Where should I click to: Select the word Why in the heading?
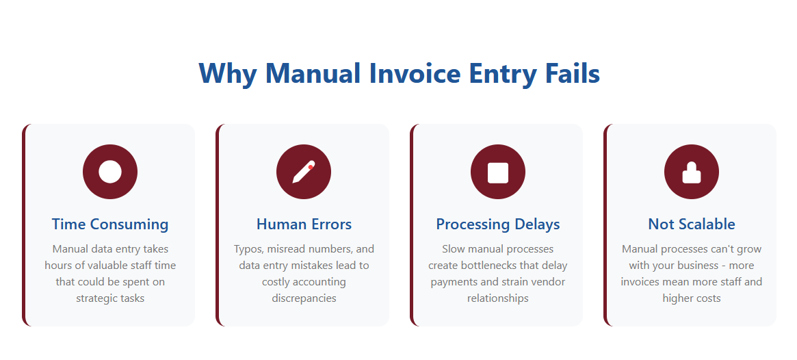[x=228, y=74]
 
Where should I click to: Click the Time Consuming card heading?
[x=110, y=224]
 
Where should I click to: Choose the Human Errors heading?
[x=304, y=224]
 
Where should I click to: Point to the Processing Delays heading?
[x=498, y=224]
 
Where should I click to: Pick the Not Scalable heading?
[x=692, y=224]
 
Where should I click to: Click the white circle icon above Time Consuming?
[x=110, y=172]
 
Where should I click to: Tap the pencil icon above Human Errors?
[x=304, y=172]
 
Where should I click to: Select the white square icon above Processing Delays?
[x=498, y=172]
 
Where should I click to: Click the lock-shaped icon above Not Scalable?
[x=692, y=173]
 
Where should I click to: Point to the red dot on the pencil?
[x=311, y=167]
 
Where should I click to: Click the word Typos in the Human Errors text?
[x=248, y=250]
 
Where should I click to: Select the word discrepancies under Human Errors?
[x=304, y=298]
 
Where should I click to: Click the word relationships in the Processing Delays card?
[x=498, y=298]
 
